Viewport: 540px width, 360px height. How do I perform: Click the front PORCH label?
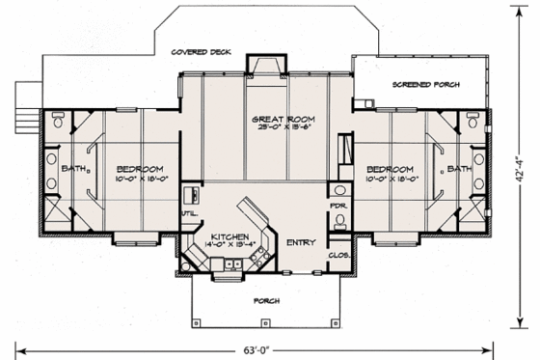pyautogui.click(x=266, y=300)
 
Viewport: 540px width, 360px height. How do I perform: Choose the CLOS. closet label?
pyautogui.click(x=338, y=255)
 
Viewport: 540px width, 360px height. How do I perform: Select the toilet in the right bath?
pyautogui.click(x=472, y=123)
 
